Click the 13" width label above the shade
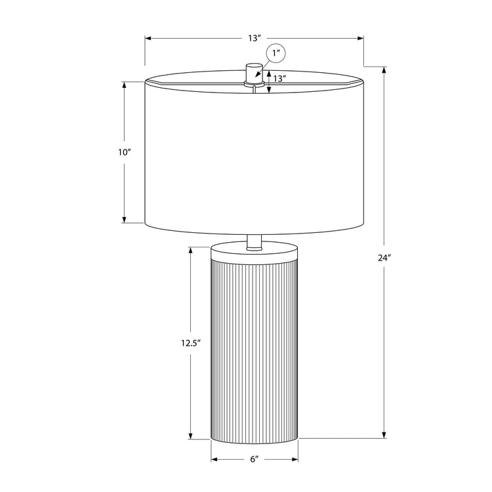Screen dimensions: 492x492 [x=254, y=39]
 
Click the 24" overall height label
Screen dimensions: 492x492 [x=384, y=258]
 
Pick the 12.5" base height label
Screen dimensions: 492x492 [x=190, y=343]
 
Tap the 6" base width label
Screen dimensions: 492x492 [x=255, y=459]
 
